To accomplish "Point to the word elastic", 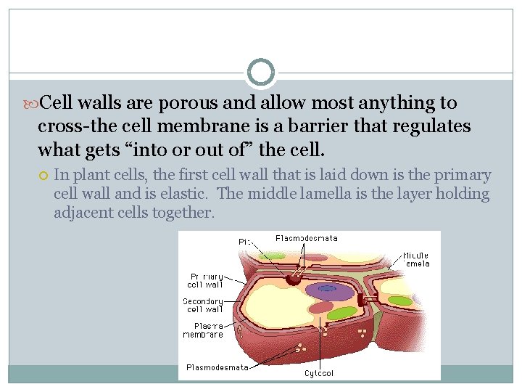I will (183, 195).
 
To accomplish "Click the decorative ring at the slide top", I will (260, 73).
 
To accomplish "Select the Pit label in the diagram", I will (245, 241).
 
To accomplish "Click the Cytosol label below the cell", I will (320, 374).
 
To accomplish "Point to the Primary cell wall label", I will (206, 280).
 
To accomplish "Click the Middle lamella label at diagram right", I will (416, 259).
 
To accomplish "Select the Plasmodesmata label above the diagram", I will (306, 238).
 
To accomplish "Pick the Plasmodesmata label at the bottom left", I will (217, 367).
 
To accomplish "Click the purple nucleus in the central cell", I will (328, 290).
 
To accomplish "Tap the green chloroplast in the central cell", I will (341, 313).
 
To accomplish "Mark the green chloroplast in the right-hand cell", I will (399, 300).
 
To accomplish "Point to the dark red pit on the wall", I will (294, 278).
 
